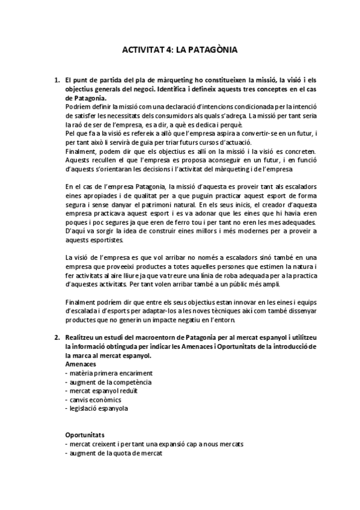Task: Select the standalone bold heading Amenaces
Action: point(81,364)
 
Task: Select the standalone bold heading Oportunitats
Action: point(85,434)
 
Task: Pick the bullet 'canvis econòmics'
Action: point(88,400)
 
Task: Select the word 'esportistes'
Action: point(106,241)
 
